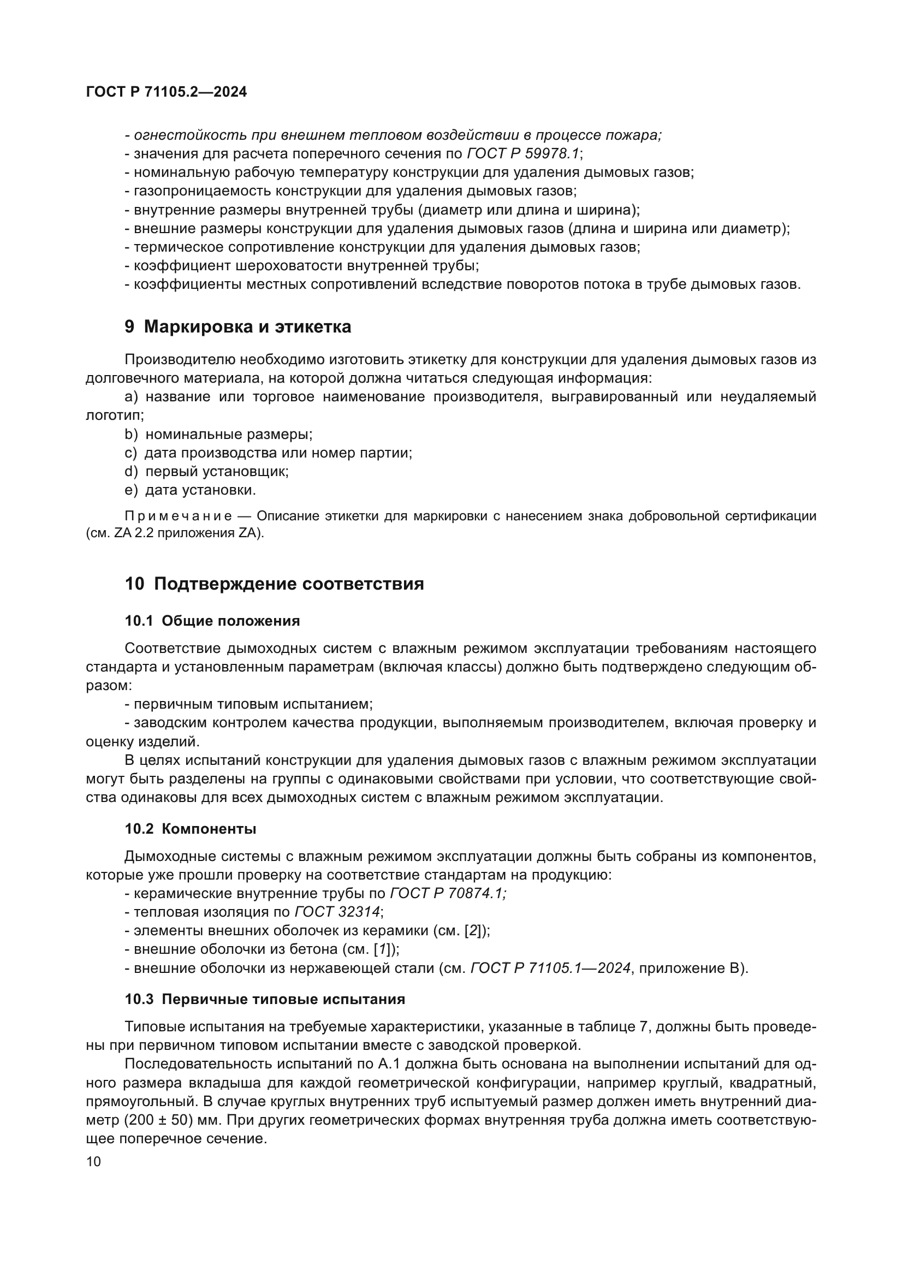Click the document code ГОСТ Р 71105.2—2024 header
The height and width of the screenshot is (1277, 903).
click(x=167, y=92)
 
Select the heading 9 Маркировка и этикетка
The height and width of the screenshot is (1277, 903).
click(x=237, y=327)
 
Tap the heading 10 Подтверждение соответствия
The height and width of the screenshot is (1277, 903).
click(x=274, y=584)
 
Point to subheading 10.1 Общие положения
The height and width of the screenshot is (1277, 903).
click(x=212, y=621)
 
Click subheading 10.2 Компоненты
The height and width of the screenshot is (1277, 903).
click(x=190, y=829)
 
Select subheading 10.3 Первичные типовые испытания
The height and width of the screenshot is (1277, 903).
click(x=265, y=1000)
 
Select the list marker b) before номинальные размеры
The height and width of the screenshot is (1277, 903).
click(x=130, y=435)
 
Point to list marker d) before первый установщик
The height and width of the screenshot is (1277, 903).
click(x=130, y=472)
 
